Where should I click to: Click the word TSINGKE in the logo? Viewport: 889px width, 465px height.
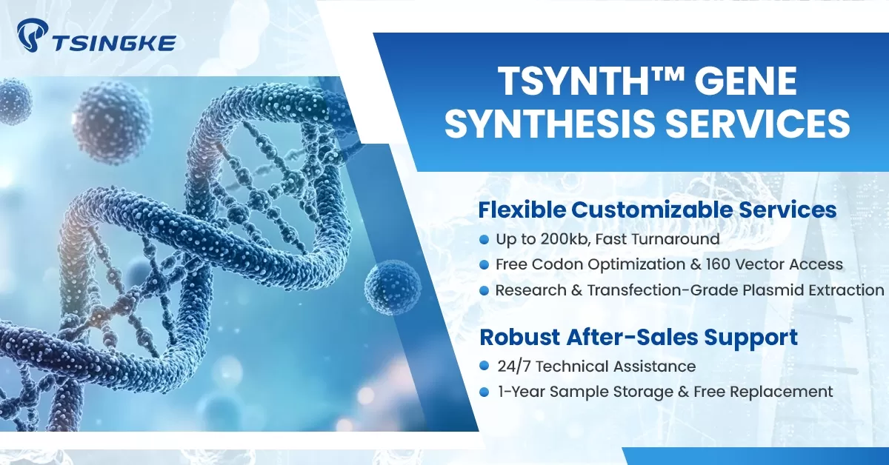click(x=113, y=43)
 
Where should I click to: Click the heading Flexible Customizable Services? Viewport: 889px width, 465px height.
click(x=657, y=210)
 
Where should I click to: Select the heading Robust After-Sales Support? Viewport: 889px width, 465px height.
click(x=639, y=338)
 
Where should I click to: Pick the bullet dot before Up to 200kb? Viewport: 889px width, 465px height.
click(x=484, y=239)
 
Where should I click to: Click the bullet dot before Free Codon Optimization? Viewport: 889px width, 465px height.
click(x=484, y=264)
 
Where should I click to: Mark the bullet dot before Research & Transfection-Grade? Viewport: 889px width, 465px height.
click(x=484, y=290)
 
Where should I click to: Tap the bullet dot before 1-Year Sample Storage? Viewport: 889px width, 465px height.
click(x=484, y=392)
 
